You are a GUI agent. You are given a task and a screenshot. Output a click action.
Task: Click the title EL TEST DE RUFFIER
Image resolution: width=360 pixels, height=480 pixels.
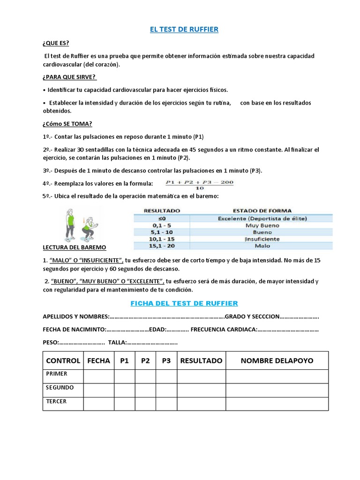pyautogui.click(x=184, y=30)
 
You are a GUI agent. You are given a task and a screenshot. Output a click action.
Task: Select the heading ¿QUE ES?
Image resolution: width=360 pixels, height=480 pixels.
pyautogui.click(x=56, y=44)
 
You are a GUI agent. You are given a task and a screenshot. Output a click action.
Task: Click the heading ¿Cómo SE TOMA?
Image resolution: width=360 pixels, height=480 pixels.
pyautogui.click(x=67, y=124)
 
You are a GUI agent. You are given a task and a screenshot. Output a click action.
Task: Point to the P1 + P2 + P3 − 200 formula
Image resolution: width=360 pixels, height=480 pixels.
pyautogui.click(x=200, y=183)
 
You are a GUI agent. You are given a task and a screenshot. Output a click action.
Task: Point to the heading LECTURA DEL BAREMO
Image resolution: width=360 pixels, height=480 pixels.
pyautogui.click(x=74, y=247)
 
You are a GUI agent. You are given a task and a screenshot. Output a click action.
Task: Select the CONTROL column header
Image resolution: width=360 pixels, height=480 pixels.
pyautogui.click(x=63, y=360)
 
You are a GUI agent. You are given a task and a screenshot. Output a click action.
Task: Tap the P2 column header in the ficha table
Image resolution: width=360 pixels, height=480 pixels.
pyautogui.click(x=145, y=360)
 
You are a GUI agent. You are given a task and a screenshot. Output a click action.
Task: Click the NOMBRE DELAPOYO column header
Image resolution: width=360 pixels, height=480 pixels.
pyautogui.click(x=277, y=360)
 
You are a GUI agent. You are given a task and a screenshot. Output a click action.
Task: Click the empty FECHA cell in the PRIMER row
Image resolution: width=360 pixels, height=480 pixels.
pyautogui.click(x=98, y=376)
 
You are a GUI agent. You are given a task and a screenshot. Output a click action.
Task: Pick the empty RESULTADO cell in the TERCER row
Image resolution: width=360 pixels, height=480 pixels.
pyautogui.click(x=201, y=404)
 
